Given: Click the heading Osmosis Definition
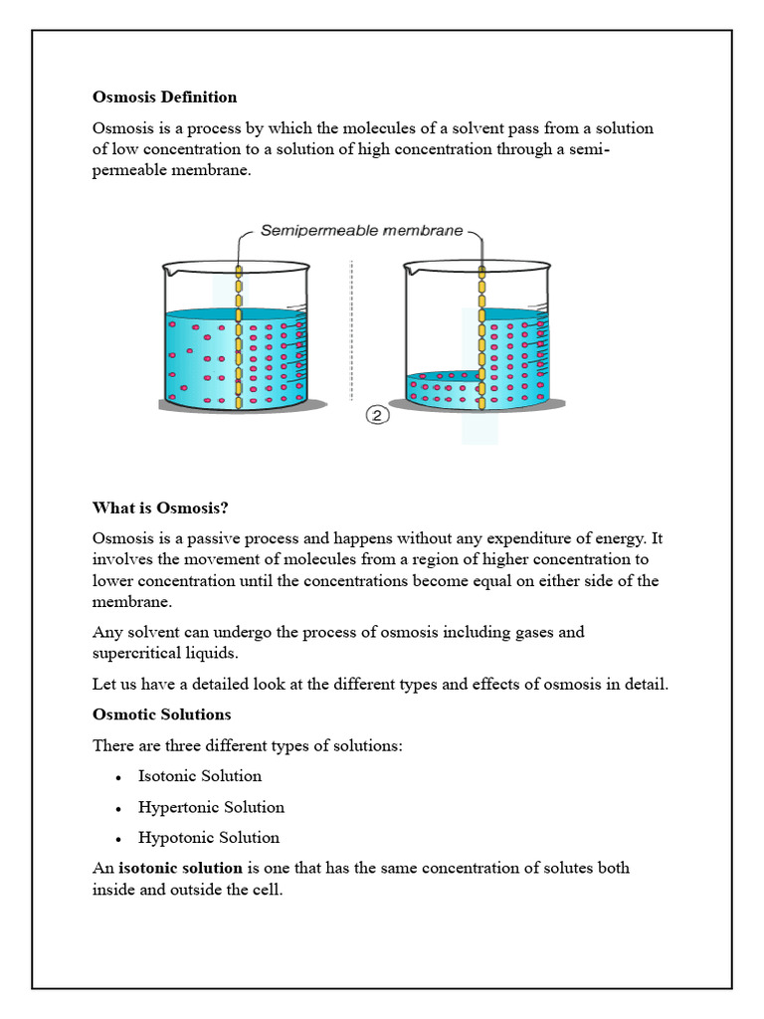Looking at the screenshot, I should coord(164,98).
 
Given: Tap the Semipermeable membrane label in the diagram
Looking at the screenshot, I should coord(361,231).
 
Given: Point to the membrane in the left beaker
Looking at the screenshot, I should coord(238,338).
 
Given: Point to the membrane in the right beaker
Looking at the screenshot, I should coord(480,338).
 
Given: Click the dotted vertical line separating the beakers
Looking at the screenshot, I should coord(351,328).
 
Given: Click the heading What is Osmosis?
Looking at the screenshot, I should coord(160,508).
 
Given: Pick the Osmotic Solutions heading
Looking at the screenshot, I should coord(161,714).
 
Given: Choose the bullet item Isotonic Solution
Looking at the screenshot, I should coord(200,776).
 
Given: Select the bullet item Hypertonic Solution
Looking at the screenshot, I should coord(211,807).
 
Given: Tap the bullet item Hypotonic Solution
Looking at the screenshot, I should coord(209,838).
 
